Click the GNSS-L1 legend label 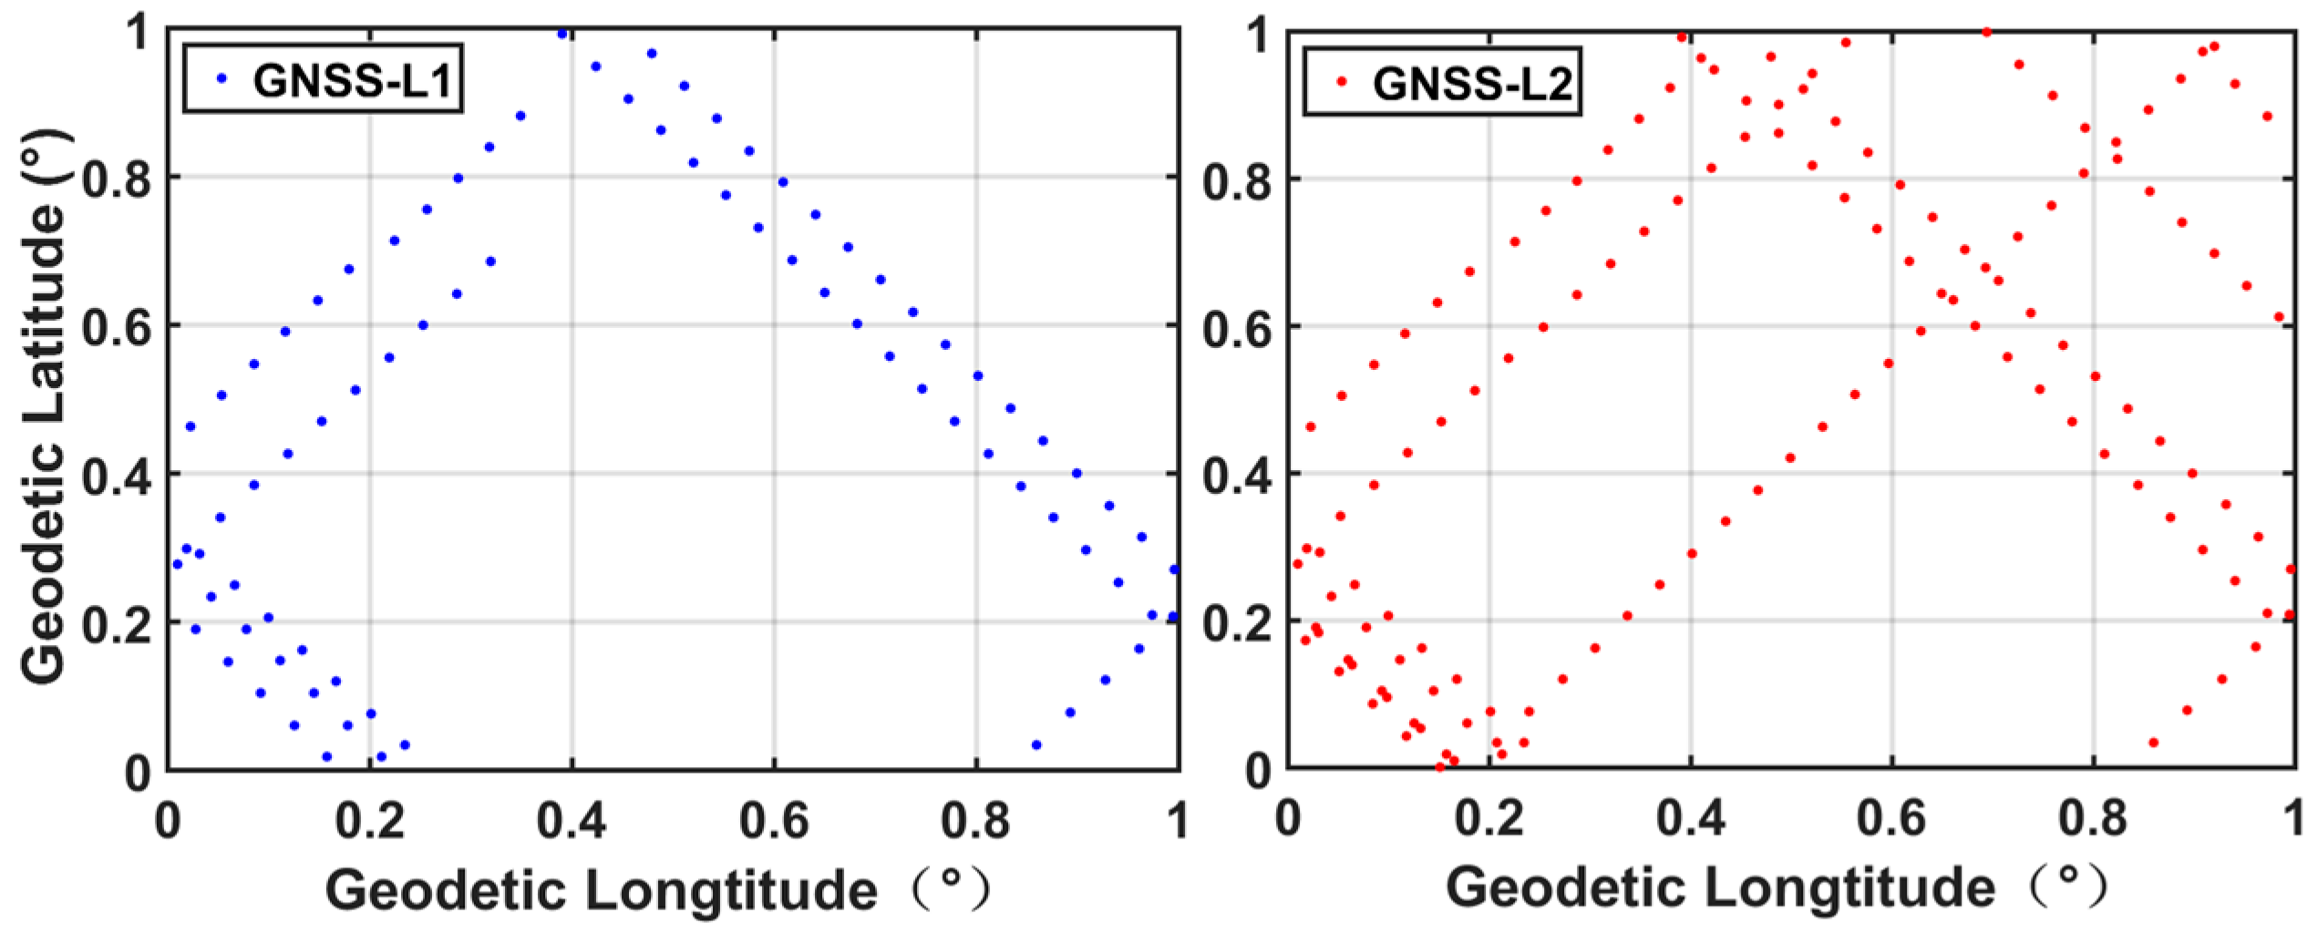pos(353,80)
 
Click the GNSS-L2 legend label pos(1472,84)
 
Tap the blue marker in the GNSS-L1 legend pos(221,79)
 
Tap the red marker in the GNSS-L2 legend pos(1341,81)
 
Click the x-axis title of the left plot pos(656,888)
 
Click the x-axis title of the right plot pos(1777,888)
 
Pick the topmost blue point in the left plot pos(562,34)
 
